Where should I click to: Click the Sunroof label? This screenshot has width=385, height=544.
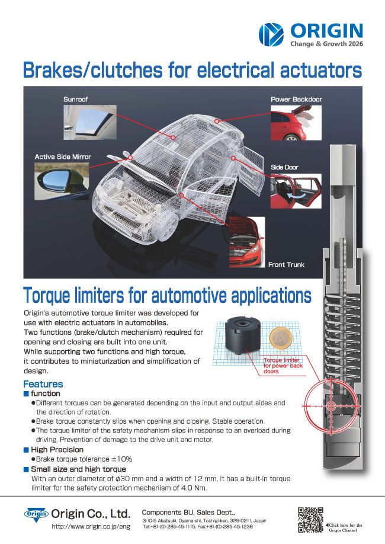pyautogui.click(x=75, y=99)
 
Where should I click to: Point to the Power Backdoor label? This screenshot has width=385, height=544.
pyautogui.click(x=296, y=99)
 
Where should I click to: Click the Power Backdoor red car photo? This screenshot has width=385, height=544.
pyautogui.click(x=296, y=123)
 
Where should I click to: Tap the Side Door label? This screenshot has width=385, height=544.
pyautogui.click(x=285, y=168)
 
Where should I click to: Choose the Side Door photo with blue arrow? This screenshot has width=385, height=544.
pyautogui.click(x=296, y=191)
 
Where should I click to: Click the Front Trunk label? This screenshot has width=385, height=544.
pyautogui.click(x=286, y=264)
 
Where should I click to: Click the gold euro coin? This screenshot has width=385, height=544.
pyautogui.click(x=280, y=342)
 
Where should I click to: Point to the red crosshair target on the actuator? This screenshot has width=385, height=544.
pyautogui.click(x=331, y=405)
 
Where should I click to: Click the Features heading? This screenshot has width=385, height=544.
pyautogui.click(x=43, y=384)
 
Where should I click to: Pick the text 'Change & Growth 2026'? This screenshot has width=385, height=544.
pyautogui.click(x=326, y=44)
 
